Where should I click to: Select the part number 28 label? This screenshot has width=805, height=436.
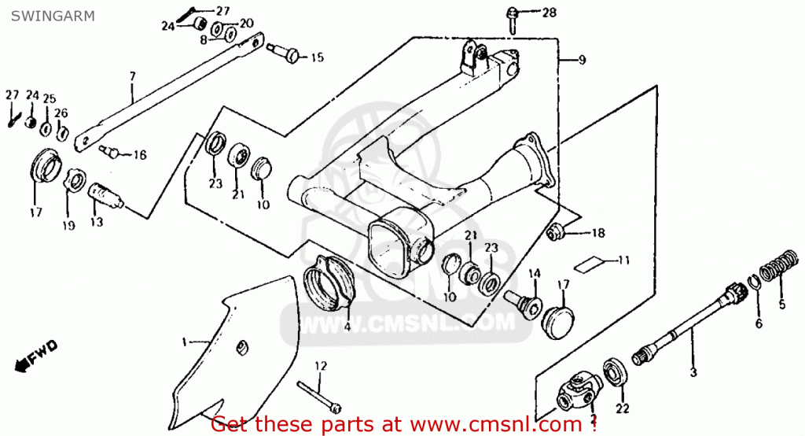pos(549,12)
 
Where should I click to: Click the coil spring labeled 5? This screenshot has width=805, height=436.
pos(780,268)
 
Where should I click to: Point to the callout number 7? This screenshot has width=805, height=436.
pos(132,76)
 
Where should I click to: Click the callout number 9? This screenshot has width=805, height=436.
pos(583,59)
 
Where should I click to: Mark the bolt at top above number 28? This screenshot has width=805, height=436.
pos(512,16)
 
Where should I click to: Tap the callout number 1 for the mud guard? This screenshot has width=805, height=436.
pos(185,342)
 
